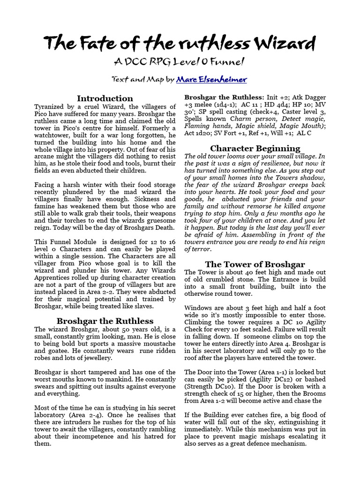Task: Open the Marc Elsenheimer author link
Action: [211, 79]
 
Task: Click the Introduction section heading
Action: [105, 98]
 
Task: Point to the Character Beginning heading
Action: [255, 149]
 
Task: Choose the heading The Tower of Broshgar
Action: [255, 264]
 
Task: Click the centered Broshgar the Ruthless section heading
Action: [105, 321]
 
